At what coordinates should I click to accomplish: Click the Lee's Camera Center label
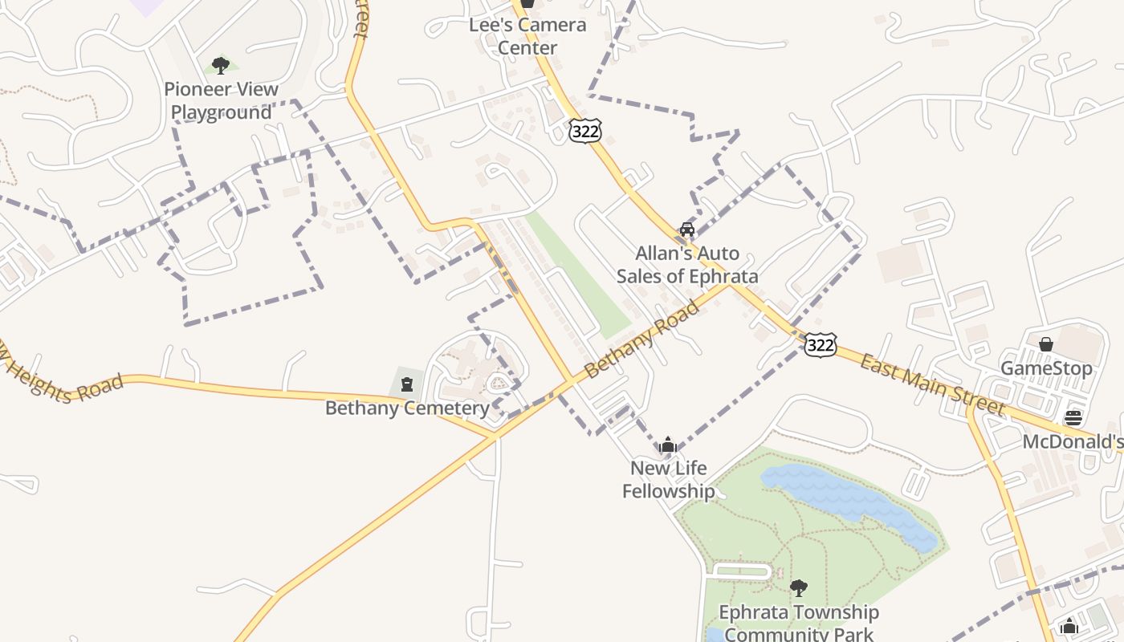(x=527, y=36)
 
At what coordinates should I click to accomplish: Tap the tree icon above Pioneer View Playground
(x=221, y=66)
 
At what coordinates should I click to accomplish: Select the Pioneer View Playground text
(x=221, y=101)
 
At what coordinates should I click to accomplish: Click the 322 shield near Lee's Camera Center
(x=585, y=131)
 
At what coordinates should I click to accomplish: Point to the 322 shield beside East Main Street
(x=820, y=345)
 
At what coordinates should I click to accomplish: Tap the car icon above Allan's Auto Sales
(x=687, y=230)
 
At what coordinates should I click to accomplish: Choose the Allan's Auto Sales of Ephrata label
(x=687, y=265)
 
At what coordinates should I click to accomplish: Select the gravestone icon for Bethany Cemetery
(x=407, y=384)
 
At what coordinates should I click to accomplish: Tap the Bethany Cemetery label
(x=407, y=408)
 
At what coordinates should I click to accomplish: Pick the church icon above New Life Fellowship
(x=668, y=445)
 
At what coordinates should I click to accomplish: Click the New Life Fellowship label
(x=668, y=479)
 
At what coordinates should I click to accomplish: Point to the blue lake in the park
(x=843, y=498)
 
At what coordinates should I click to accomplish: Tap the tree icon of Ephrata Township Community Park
(x=798, y=588)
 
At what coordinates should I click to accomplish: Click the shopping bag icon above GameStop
(x=1046, y=344)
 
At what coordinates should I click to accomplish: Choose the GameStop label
(x=1046, y=369)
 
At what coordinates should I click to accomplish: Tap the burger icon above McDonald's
(x=1073, y=417)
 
